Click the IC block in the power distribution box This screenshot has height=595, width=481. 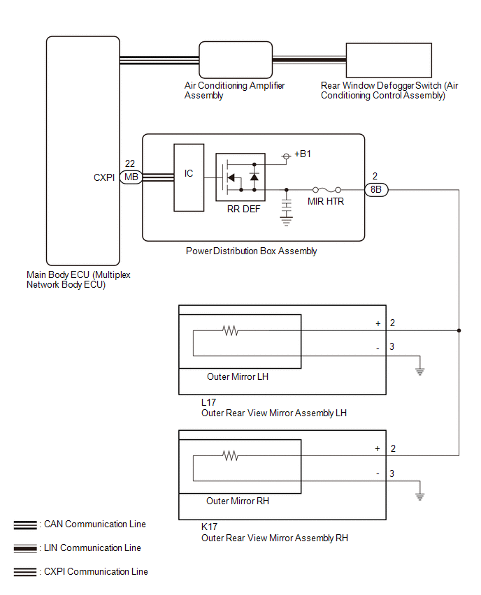189,177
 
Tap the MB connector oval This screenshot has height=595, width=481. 131,177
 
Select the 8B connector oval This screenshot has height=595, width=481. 376,190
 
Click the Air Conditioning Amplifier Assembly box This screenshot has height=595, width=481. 236,60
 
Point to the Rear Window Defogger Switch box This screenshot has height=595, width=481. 389,60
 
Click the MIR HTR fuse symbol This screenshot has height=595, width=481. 326,190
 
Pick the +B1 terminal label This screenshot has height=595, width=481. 303,154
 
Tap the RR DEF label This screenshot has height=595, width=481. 243,209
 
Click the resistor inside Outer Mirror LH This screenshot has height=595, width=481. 230,330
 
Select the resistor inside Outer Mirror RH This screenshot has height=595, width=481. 230,455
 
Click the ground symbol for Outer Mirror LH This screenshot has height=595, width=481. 420,371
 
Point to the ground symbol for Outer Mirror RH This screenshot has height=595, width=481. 420,496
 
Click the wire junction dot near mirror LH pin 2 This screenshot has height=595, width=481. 459,330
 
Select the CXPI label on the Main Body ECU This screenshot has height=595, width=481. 104,177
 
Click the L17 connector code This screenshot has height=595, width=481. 208,402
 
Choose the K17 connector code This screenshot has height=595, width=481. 209,527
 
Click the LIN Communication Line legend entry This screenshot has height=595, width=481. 78,548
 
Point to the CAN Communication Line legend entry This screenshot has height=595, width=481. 80,524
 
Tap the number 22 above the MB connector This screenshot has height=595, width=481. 130,163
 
